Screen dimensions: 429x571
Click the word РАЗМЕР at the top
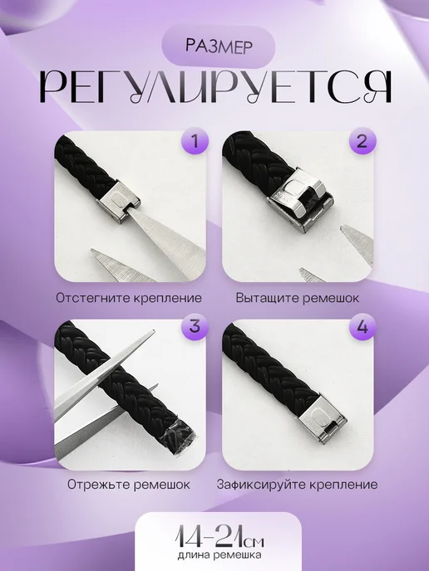[219, 46]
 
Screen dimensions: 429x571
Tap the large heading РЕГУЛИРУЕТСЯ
[215, 86]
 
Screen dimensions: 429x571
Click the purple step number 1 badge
[195, 141]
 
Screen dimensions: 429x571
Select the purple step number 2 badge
[362, 141]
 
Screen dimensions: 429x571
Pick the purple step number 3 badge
[195, 326]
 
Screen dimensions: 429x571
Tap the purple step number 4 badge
[362, 326]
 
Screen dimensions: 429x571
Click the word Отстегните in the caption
[92, 298]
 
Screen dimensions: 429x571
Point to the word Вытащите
[265, 298]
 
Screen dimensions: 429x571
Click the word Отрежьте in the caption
[98, 485]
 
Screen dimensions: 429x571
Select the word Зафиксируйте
[261, 485]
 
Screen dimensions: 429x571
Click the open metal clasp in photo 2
[299, 201]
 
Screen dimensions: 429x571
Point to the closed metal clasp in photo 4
[323, 420]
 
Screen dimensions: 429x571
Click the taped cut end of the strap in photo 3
[180, 441]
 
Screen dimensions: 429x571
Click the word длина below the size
[194, 555]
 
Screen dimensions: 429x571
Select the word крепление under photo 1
[167, 298]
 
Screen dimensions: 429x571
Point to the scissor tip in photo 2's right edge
[342, 228]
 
